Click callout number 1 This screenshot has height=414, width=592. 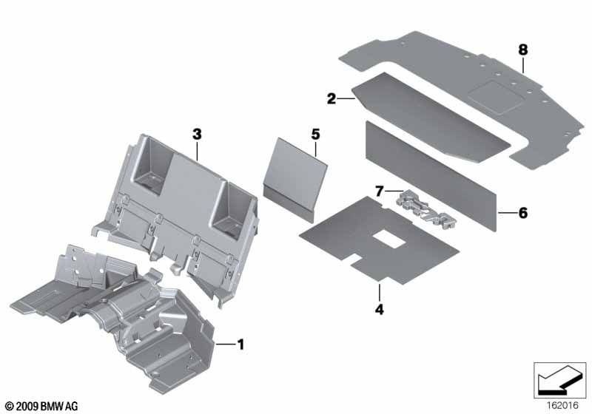click(240, 345)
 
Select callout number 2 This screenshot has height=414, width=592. click(331, 99)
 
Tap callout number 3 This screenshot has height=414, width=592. click(197, 134)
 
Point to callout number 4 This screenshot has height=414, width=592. click(380, 310)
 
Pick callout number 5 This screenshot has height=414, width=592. click(315, 134)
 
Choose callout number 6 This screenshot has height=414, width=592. click(523, 213)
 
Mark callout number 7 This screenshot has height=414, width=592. click(380, 191)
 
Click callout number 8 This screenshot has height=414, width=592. click(523, 50)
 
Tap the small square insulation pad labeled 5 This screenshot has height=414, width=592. click(295, 179)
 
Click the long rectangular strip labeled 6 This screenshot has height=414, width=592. click(431, 175)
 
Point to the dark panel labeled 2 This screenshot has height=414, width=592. click(431, 118)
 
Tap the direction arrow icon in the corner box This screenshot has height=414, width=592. click(559, 379)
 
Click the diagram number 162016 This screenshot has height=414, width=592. click(562, 406)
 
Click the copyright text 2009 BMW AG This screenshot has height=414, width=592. click(42, 406)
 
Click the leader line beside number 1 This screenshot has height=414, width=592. click(225, 345)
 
